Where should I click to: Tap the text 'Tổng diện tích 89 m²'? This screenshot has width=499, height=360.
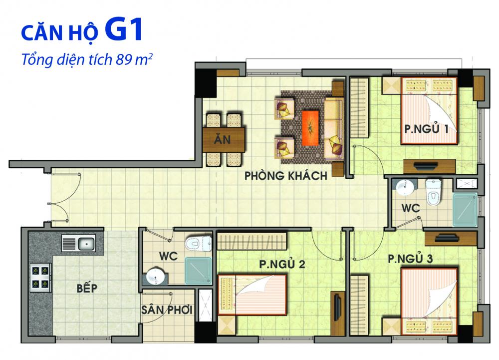[86, 59]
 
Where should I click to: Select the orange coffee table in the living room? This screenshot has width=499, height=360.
[310, 128]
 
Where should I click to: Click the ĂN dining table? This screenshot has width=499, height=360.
[224, 139]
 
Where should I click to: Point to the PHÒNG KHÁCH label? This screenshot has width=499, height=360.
[285, 176]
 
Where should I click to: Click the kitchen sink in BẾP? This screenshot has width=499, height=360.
[78, 244]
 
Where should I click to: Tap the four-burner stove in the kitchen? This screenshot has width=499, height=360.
[40, 277]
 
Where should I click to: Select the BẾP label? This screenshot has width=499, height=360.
[87, 288]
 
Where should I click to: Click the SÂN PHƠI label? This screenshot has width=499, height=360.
[167, 310]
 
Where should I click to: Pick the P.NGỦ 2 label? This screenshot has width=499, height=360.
[282, 264]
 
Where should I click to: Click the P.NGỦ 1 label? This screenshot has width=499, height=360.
[427, 129]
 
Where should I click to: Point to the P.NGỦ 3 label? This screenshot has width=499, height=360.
[410, 259]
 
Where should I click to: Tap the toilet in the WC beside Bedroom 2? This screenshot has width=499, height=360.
[199, 244]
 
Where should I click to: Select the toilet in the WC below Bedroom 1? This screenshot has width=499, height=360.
[434, 192]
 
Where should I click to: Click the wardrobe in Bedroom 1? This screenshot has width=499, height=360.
[359, 108]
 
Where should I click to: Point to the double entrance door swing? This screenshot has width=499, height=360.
[65, 197]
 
